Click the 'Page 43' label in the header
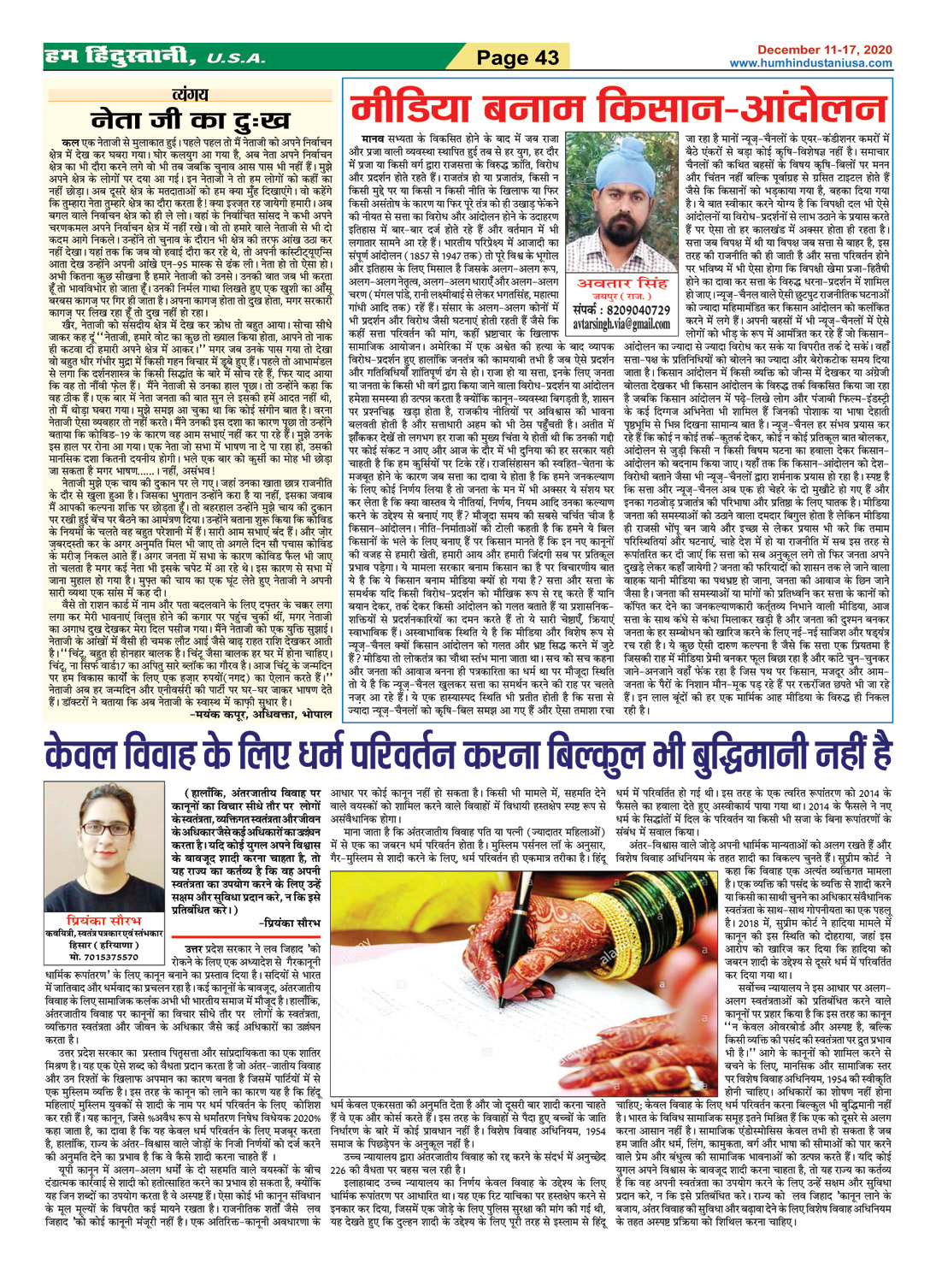click(x=517, y=58)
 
